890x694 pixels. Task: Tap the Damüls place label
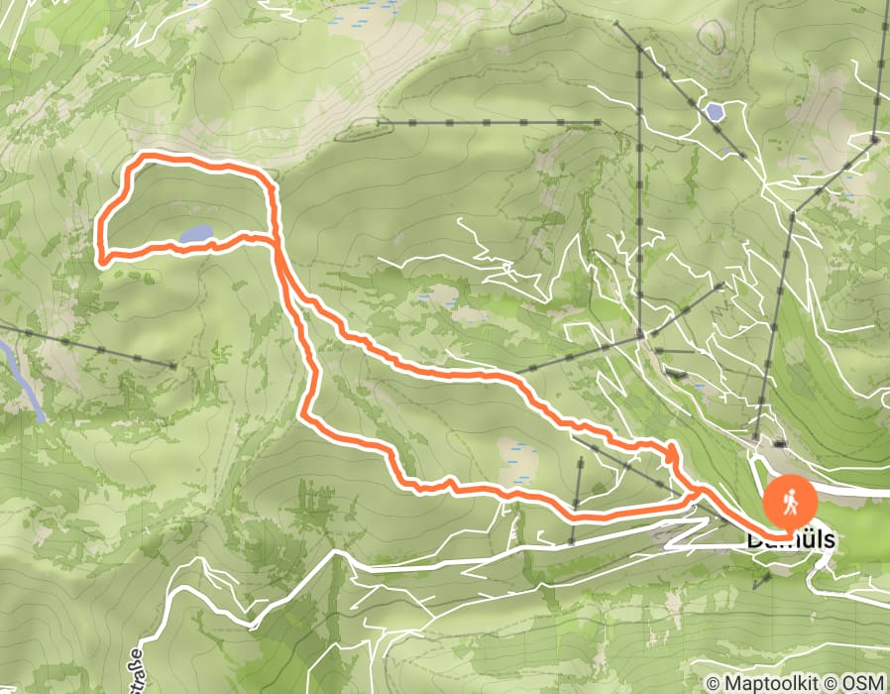[x=790, y=541]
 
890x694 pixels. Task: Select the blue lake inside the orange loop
[x=195, y=235]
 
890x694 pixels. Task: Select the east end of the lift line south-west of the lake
[x=174, y=367]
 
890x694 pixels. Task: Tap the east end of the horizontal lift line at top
[x=600, y=123]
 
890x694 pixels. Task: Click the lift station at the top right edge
[x=876, y=140]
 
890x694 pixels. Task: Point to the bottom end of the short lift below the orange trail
[x=573, y=543]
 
